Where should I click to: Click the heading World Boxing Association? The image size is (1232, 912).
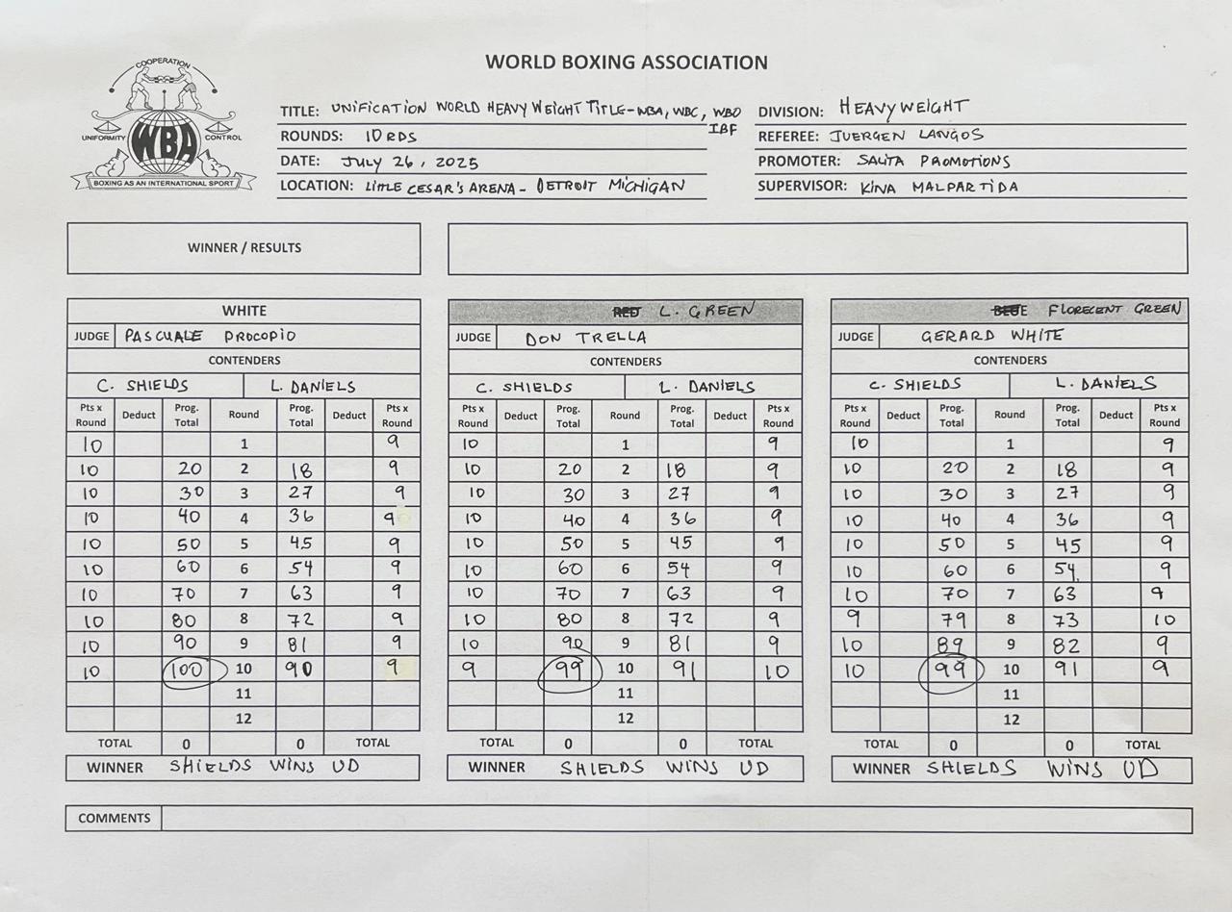627,63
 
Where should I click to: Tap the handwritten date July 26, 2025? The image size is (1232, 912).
409,162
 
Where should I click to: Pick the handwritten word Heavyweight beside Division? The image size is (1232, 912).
903,108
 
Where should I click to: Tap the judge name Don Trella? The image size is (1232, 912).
585,338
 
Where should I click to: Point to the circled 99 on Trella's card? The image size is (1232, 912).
569,670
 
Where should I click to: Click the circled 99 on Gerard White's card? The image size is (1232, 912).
951,670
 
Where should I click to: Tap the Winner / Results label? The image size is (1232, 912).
244,248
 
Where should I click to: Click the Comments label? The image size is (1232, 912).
114,819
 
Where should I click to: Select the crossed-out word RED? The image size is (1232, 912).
626,312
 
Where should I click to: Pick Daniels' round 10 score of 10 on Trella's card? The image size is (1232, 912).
778,671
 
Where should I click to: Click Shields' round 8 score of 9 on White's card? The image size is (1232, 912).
855,619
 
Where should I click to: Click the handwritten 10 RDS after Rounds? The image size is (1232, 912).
390,137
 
